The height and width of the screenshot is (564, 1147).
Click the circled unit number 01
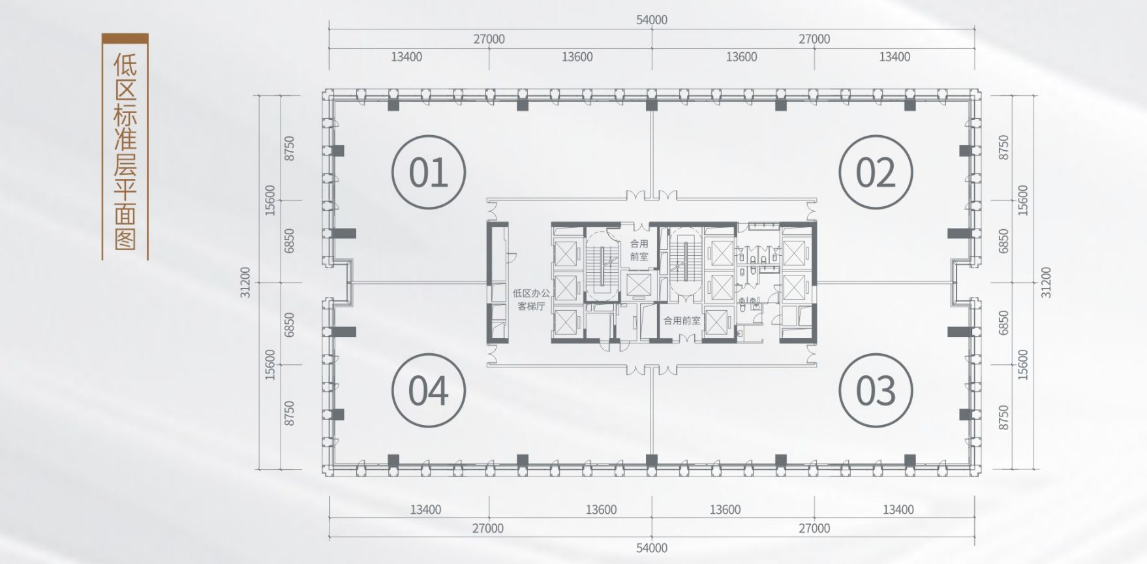click(429, 172)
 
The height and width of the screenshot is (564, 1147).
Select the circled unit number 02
click(876, 172)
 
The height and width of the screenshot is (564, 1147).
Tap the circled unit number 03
click(876, 390)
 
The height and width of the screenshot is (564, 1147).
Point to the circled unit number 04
click(429, 390)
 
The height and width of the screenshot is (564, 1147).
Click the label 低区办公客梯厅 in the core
click(531, 300)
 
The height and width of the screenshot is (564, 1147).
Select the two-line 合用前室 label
click(639, 250)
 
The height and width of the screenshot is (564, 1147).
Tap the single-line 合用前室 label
click(682, 321)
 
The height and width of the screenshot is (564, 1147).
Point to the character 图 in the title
click(125, 239)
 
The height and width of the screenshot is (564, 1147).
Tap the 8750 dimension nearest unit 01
click(289, 148)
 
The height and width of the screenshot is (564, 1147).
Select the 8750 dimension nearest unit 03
click(1004, 418)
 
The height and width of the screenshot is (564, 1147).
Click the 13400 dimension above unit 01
click(406, 57)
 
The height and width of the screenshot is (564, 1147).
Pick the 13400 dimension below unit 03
click(898, 509)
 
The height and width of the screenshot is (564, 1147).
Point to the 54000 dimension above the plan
click(652, 20)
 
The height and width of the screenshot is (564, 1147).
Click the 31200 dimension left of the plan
click(245, 282)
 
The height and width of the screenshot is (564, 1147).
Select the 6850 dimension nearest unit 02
click(1004, 241)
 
